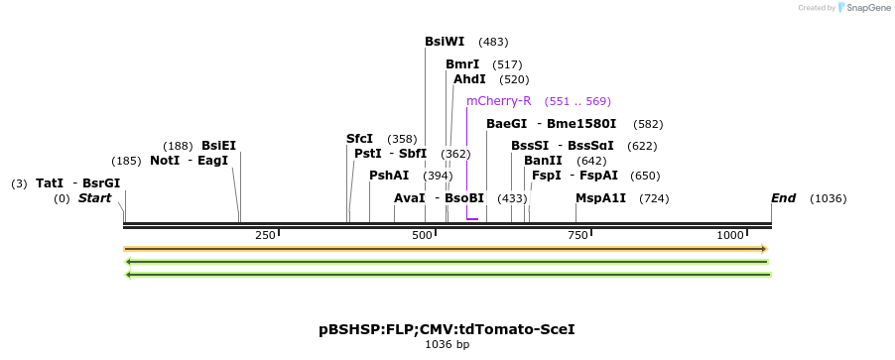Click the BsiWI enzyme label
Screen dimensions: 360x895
coord(444,42)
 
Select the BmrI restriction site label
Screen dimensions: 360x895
coord(462,64)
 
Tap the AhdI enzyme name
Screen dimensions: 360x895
coord(469,79)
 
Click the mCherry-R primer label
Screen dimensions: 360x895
coord(499,101)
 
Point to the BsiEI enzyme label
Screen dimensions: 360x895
coord(218,146)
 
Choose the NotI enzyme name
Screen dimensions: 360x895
coord(165,161)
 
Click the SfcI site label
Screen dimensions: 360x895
coord(359,139)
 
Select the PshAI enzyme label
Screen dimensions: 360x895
coord(389,176)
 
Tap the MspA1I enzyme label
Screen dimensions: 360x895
coord(600,198)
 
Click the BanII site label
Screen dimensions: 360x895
coord(543,161)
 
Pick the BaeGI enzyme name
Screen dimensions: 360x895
coord(506,124)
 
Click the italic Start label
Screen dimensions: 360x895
coord(94,198)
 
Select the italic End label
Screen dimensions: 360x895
coord(784,198)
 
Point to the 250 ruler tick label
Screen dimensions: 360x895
coord(265,235)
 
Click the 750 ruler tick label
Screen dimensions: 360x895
coord(577,235)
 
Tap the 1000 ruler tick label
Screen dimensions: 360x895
coord(731,235)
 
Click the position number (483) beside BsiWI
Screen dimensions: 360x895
coord(493,42)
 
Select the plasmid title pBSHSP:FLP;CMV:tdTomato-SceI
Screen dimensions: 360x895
coord(447,328)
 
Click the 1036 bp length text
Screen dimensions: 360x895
coord(447,345)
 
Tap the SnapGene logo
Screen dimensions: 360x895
coord(861,8)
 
